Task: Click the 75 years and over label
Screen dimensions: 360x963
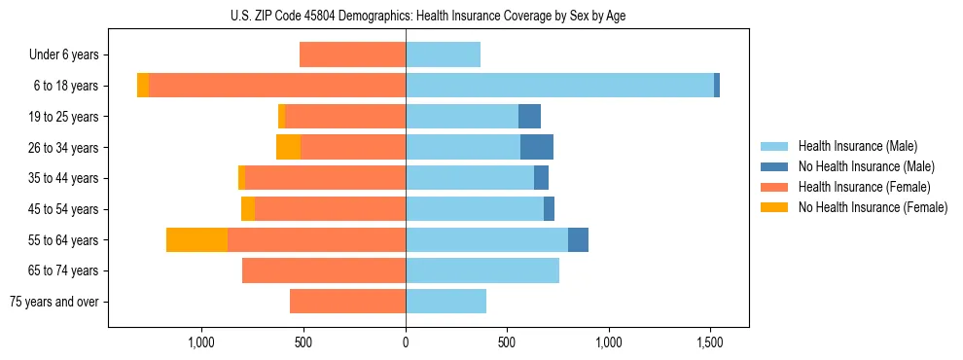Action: point(54,302)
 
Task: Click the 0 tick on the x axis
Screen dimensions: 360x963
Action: point(406,342)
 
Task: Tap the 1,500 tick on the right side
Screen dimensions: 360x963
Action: point(710,342)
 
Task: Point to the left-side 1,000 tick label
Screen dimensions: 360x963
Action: point(201,342)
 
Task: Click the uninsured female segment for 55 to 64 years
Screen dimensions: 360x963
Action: point(196,239)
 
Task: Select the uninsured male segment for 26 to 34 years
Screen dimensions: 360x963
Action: point(537,147)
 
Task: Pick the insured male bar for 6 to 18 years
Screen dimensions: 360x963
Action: point(559,86)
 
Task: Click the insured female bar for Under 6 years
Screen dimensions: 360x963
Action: point(352,54)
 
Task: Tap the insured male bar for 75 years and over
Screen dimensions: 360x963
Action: point(446,302)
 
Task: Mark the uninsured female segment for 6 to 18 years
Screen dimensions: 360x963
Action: point(143,86)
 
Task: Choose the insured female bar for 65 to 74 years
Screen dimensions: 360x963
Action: point(324,270)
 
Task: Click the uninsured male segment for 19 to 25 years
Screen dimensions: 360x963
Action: point(529,117)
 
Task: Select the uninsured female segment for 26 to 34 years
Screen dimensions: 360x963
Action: point(288,147)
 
